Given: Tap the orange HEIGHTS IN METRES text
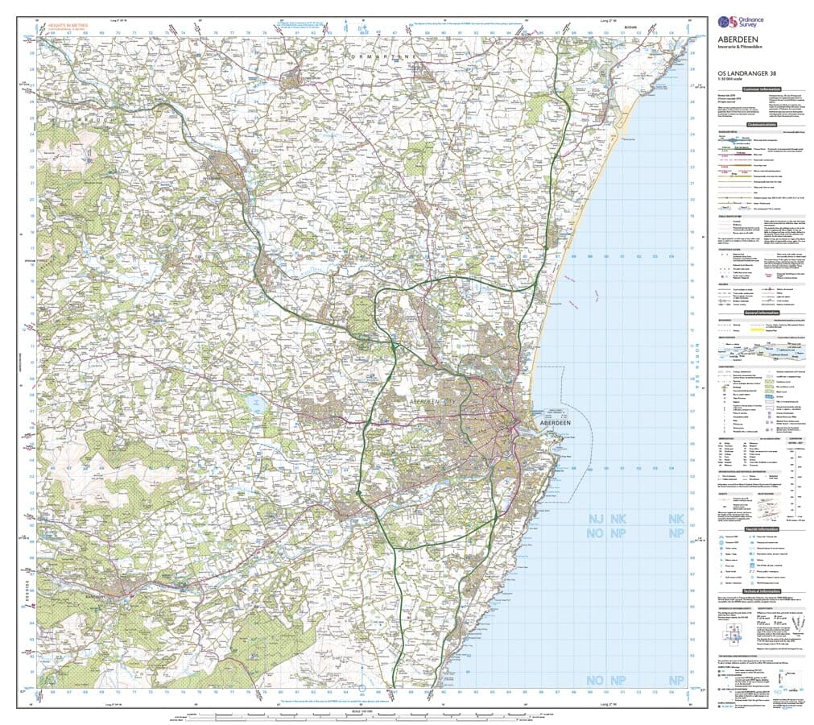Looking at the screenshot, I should tap(67, 26).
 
